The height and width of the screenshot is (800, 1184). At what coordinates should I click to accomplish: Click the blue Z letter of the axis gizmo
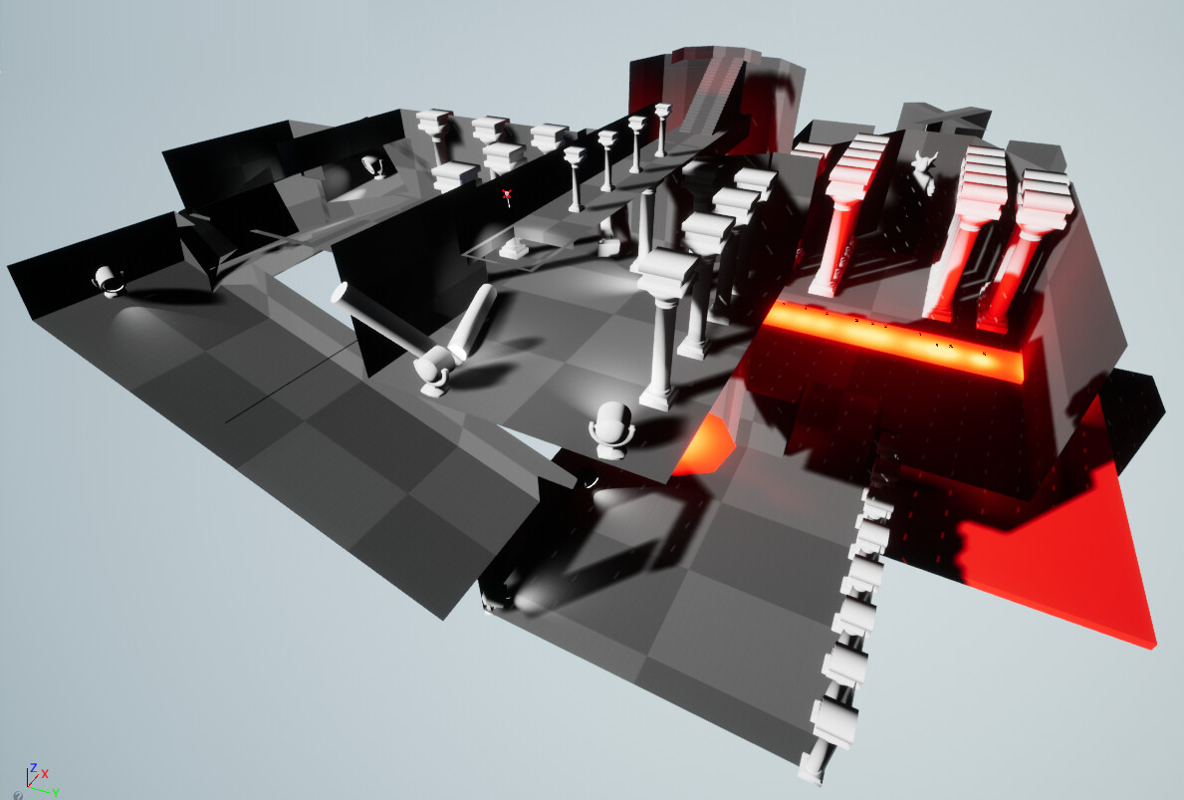click(x=33, y=767)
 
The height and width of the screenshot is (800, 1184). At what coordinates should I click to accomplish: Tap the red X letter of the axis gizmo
click(x=46, y=773)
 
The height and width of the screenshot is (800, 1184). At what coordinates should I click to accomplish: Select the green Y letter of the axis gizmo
click(x=56, y=792)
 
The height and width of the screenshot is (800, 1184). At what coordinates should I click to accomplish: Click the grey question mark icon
click(x=18, y=795)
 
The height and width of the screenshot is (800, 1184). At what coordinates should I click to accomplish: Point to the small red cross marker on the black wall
click(x=508, y=195)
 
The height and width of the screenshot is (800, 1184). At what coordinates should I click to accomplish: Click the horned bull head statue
click(x=924, y=170)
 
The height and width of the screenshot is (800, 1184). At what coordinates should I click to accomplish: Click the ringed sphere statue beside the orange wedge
click(x=611, y=429)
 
